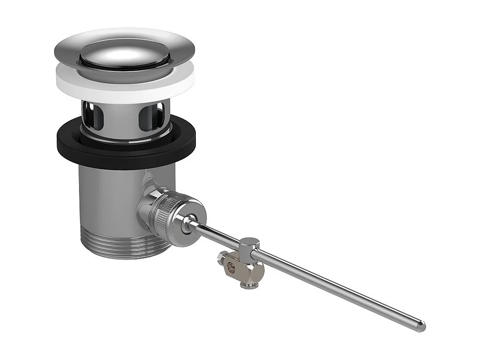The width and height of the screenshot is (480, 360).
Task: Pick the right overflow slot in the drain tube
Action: coord(150,114)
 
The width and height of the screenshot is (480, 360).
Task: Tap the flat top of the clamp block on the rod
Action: coord(250,242)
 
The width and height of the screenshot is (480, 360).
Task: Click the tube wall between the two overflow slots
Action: coord(121,116)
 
